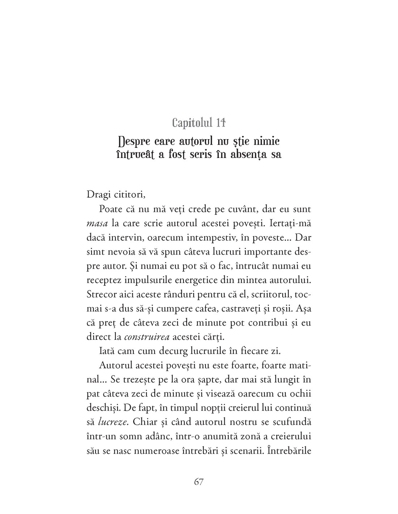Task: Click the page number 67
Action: click(199, 482)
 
